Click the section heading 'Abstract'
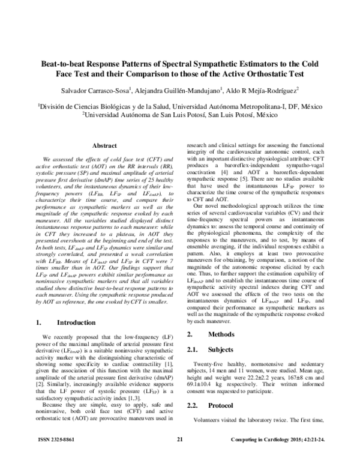[104, 145]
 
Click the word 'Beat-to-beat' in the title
[67, 62]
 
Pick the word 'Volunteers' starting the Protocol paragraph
[211, 421]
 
